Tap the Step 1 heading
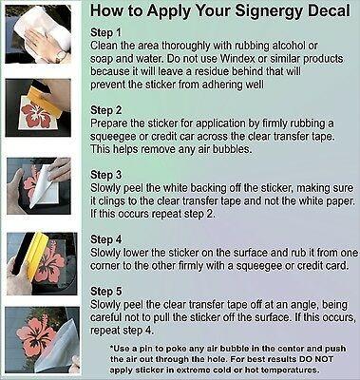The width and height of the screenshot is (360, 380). pyautogui.click(x=105, y=32)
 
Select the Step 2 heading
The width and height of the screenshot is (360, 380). pyautogui.click(x=105, y=110)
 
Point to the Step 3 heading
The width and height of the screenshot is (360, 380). pyautogui.click(x=105, y=175)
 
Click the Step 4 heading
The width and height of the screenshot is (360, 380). pyautogui.click(x=105, y=239)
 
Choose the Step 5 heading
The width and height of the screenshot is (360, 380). pyautogui.click(x=105, y=292)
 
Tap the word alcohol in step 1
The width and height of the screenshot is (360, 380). pyautogui.click(x=286, y=46)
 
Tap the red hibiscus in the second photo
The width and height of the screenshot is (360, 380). pyautogui.click(x=36, y=116)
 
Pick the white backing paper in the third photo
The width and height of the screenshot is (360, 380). pyautogui.click(x=45, y=187)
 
